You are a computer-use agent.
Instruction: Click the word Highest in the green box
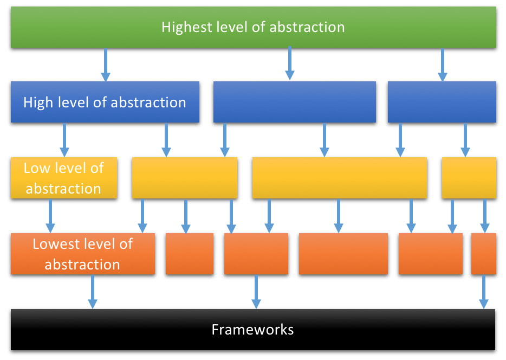(187, 27)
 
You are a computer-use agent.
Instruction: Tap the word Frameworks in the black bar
(252, 330)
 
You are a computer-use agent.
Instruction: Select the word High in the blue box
(38, 102)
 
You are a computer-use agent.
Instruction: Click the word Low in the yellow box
(37, 168)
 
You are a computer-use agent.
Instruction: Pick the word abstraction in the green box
(307, 27)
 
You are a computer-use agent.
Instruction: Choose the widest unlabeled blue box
(295, 102)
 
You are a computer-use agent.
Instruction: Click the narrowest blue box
(442, 102)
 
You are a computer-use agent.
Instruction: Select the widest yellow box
(340, 178)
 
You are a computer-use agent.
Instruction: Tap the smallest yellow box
(469, 178)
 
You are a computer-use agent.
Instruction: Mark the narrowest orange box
(484, 254)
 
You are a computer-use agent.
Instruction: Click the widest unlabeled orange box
(343, 254)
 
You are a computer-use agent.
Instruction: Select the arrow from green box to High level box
(106, 65)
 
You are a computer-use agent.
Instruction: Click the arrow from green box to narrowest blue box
(443, 65)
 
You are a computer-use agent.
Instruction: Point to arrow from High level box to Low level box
(64, 140)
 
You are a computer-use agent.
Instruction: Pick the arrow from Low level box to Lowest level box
(50, 216)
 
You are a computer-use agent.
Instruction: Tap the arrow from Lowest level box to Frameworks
(93, 292)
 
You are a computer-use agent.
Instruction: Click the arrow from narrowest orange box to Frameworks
(483, 292)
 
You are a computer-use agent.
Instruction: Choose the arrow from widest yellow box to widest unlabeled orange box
(338, 216)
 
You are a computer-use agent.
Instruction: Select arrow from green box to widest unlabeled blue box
(290, 63)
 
